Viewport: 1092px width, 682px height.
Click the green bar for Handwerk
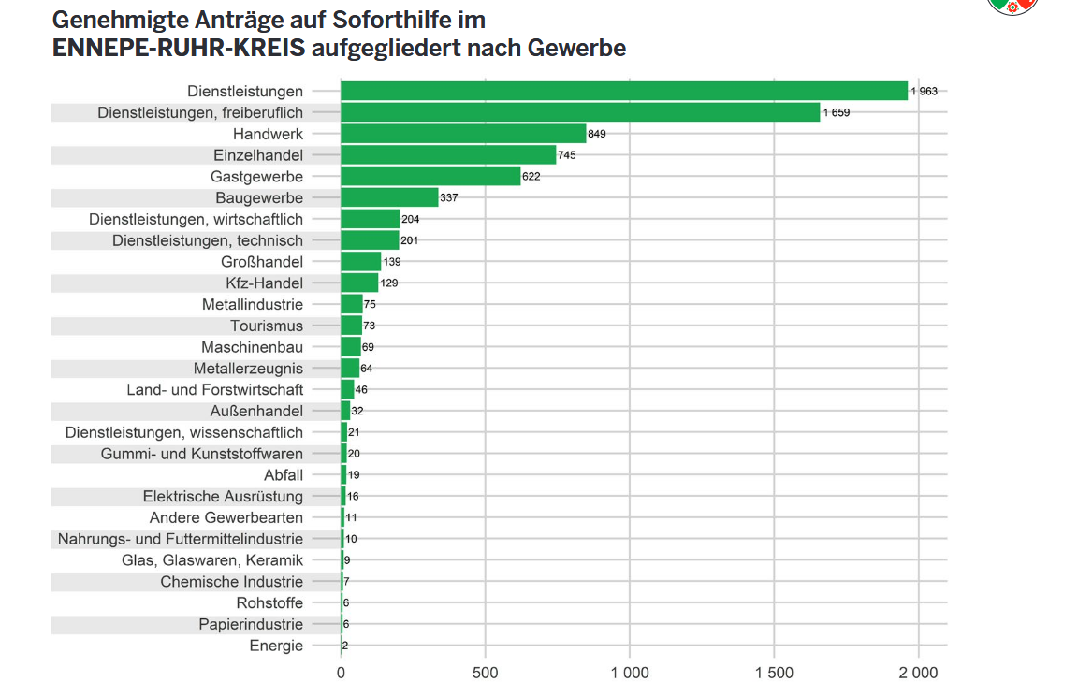[463, 134]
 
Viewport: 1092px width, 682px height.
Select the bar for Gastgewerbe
[430, 176]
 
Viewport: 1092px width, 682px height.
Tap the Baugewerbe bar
[389, 197]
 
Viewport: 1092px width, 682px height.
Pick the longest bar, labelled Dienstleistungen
[624, 91]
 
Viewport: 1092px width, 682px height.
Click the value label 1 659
[837, 112]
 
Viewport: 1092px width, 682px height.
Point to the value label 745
[567, 155]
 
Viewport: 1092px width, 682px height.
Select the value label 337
[448, 197]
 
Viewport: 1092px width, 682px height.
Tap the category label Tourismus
[267, 326]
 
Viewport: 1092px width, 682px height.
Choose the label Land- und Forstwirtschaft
[215, 389]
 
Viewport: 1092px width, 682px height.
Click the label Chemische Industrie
[232, 582]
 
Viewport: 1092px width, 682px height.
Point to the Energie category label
[276, 646]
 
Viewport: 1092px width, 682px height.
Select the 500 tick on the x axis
[485, 672]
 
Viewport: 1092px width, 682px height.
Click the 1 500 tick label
[774, 672]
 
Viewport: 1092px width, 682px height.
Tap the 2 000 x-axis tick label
[918, 672]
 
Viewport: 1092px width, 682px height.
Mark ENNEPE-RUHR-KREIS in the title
[179, 47]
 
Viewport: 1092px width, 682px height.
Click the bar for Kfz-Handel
[359, 283]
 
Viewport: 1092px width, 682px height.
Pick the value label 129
[389, 283]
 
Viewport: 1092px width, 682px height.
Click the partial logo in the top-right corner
[1014, 6]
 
